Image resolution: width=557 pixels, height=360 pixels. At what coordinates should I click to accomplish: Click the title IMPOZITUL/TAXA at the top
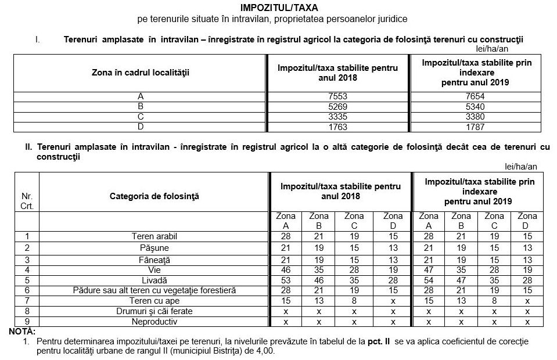click(x=279, y=8)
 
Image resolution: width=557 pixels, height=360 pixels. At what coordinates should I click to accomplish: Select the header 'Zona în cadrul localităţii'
click(x=141, y=73)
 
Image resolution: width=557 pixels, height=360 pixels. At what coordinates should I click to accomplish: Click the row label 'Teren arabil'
click(x=154, y=236)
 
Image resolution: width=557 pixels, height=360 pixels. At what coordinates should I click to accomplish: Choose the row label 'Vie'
click(x=154, y=270)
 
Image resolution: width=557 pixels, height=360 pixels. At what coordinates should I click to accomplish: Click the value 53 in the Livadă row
click(x=285, y=280)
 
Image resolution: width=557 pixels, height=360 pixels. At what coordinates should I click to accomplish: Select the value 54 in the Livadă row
click(x=429, y=280)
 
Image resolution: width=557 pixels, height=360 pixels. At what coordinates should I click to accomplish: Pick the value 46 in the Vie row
click(x=285, y=270)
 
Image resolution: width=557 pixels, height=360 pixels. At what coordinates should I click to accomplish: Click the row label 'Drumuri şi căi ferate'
click(x=154, y=311)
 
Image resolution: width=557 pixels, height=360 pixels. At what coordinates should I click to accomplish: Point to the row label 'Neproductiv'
click(x=154, y=322)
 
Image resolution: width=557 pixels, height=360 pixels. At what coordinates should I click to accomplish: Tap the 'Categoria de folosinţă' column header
click(x=154, y=196)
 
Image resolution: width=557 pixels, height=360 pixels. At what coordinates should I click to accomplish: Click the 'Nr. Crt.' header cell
click(x=27, y=201)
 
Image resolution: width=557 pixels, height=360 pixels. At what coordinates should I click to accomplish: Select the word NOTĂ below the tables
click(x=22, y=331)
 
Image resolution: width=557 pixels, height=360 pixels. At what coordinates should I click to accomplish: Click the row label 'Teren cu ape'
click(x=154, y=301)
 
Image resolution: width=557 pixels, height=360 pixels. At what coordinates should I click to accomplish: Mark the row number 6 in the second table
click(x=27, y=290)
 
